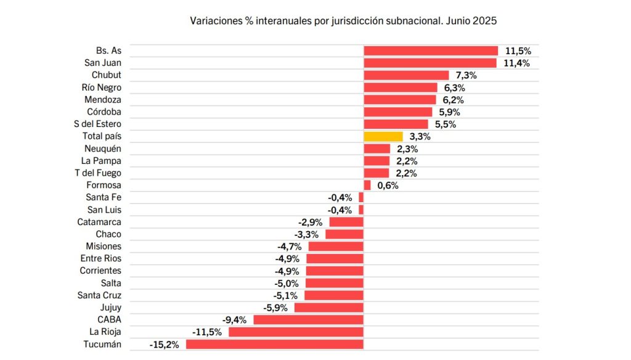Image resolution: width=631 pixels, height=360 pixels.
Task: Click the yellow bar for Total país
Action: (383, 136)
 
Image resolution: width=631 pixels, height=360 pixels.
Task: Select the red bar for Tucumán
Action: (275, 344)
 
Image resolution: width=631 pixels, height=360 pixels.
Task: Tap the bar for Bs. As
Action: (431, 51)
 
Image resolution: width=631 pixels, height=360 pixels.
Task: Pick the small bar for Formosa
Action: (367, 185)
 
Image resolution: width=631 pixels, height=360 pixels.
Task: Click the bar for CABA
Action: (308, 319)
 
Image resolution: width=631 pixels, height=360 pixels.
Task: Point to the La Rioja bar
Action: (296, 332)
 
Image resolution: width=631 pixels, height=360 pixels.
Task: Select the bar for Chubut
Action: (406, 75)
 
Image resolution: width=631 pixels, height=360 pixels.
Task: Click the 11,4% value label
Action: (516, 63)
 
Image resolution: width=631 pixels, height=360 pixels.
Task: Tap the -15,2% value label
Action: (164, 345)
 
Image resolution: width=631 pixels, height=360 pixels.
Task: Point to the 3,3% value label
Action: (419, 136)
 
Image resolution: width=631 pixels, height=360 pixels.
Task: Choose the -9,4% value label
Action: (234, 320)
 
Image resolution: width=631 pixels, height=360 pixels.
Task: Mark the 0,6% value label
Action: (388, 186)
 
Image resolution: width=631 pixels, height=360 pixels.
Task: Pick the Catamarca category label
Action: (99, 222)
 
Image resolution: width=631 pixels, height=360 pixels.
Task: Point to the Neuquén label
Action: (103, 149)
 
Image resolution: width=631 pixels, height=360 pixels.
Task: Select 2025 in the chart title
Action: (485, 20)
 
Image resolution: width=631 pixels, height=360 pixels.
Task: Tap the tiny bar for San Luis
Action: (361, 210)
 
